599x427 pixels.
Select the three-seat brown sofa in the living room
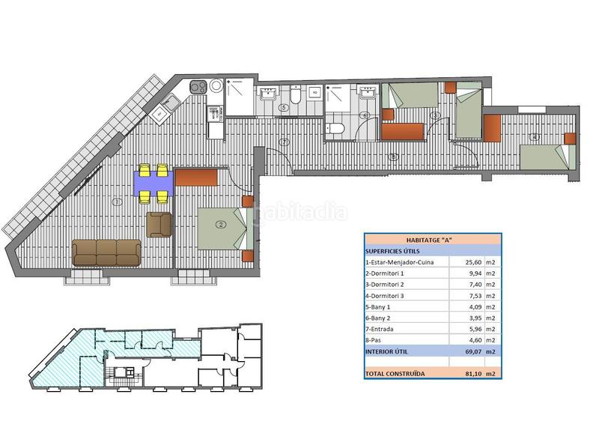coord(107,252)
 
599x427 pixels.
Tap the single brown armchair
coord(159,224)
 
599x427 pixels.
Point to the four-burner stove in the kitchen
coord(198,87)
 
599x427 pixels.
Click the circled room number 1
coord(117,202)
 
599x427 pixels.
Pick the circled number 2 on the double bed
coord(221,224)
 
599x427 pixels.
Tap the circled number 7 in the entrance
coord(284,142)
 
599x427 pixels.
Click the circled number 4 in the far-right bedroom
coord(534,136)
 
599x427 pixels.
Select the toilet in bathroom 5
coord(296,95)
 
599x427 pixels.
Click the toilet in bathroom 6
coord(336,129)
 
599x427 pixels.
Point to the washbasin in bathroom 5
coord(268,95)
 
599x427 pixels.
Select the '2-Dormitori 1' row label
coord(387,274)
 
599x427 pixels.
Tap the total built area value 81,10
coord(462,373)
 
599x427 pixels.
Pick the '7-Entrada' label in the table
coord(381,329)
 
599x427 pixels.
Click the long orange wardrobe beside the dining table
coord(196,178)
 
